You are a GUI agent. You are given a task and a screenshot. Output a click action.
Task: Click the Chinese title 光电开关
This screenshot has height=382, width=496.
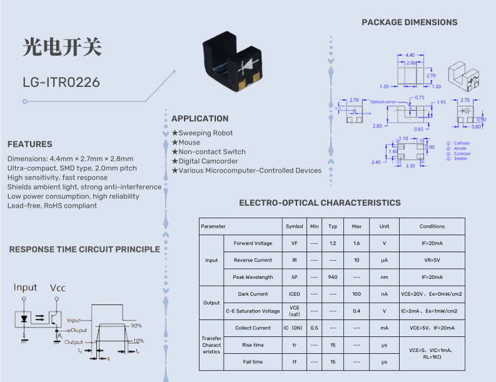click(x=61, y=48)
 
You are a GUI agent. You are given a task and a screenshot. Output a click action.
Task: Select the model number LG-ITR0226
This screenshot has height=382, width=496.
click(x=61, y=82)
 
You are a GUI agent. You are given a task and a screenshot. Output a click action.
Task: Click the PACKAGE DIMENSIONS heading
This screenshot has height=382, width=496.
click(x=409, y=23)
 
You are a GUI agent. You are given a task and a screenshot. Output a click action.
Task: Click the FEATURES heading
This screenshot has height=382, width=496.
click(x=30, y=144)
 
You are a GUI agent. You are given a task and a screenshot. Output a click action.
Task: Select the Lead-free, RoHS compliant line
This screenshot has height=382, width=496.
click(x=52, y=206)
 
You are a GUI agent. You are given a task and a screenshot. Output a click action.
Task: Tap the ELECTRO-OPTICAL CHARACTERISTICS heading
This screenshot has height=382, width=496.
click(x=320, y=203)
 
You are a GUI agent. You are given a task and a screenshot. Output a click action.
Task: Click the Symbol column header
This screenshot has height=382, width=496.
click(x=294, y=226)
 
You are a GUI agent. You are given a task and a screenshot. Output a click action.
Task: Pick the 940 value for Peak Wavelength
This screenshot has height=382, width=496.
click(x=333, y=277)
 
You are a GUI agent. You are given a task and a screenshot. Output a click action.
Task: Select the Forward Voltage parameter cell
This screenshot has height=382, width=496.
click(x=253, y=243)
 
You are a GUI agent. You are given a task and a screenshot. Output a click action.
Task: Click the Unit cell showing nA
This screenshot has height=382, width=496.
click(x=384, y=294)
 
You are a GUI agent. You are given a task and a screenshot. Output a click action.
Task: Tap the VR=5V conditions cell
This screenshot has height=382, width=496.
click(x=432, y=260)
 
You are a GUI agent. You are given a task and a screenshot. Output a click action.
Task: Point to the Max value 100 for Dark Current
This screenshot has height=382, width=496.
click(x=357, y=294)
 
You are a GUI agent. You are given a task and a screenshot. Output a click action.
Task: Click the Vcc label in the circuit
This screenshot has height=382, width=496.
click(x=58, y=288)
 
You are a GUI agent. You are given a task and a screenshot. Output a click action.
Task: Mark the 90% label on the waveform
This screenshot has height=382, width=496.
click(x=136, y=326)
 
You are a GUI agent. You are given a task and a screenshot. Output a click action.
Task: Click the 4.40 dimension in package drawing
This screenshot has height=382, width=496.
click(x=410, y=55)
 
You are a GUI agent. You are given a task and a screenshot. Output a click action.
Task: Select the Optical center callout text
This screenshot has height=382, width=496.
click(x=383, y=102)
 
